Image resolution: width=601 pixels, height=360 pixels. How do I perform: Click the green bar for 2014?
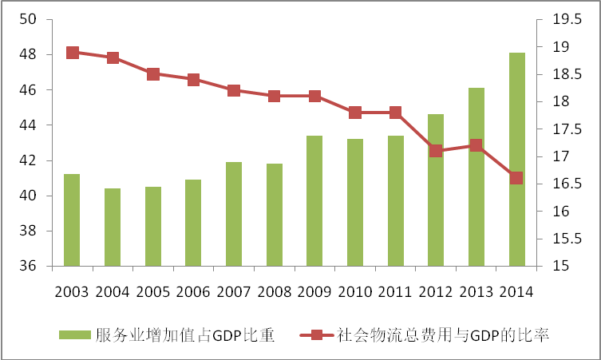click(x=516, y=160)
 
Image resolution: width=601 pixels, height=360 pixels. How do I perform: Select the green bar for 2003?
click(x=72, y=220)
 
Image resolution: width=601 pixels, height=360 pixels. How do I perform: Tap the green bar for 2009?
click(x=314, y=200)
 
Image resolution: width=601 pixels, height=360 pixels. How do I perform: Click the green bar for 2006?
click(x=193, y=223)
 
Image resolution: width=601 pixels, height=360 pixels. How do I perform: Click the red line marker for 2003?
click(x=73, y=53)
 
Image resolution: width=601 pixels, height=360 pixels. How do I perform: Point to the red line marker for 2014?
click(x=516, y=178)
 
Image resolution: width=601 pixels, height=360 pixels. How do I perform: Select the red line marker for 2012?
click(x=436, y=150)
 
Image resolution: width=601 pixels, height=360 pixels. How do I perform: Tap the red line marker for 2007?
click(x=234, y=90)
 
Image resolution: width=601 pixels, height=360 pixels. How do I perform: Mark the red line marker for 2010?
click(x=355, y=113)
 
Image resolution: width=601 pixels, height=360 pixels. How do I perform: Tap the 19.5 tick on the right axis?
click(x=562, y=20)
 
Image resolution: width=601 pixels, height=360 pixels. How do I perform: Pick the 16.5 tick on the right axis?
click(x=562, y=184)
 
